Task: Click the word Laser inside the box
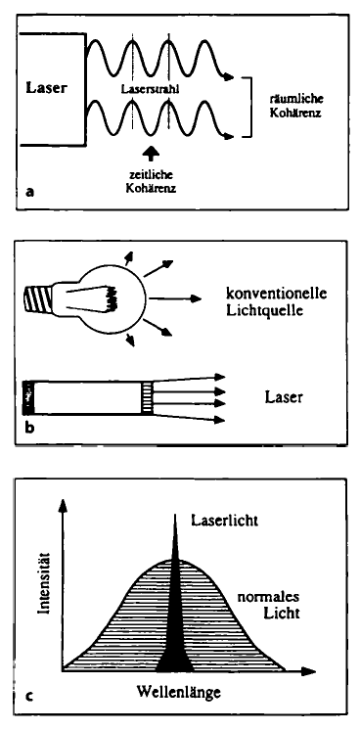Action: point(46,88)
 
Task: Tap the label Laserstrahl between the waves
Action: point(150,88)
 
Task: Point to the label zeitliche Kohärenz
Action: point(152,182)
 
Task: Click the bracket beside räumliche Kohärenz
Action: point(250,108)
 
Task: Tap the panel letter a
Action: point(30,192)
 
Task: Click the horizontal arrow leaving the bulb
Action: point(174,298)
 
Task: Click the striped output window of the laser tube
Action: point(147,396)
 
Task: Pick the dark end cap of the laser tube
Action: point(29,396)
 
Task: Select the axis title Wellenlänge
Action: point(179,692)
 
